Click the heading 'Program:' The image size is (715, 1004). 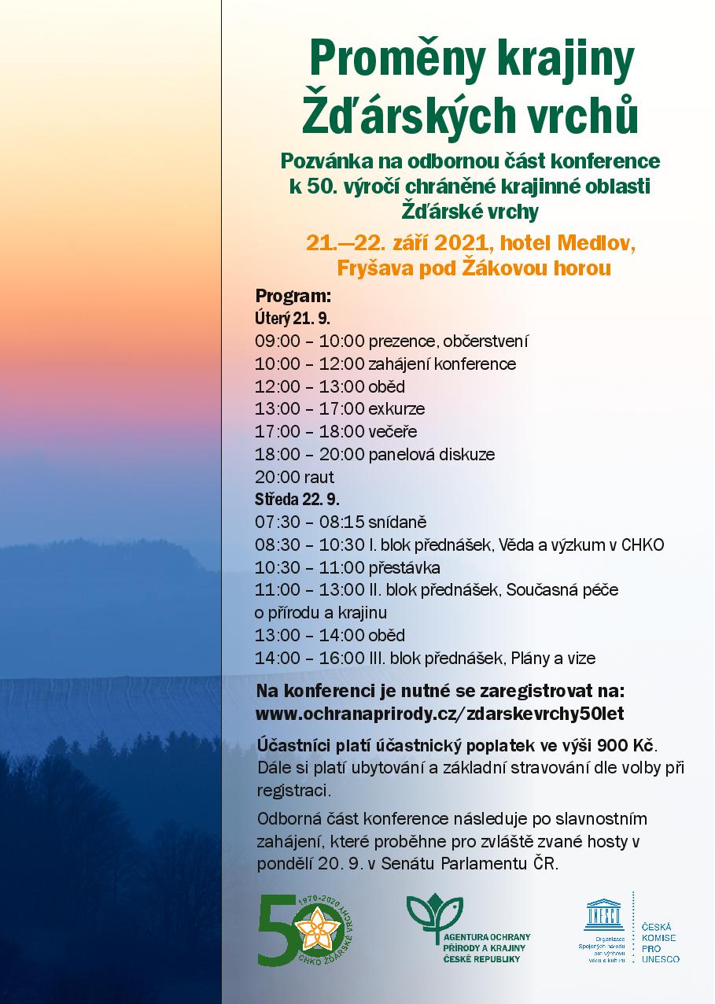point(293,297)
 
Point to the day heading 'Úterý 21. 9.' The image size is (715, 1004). point(292,319)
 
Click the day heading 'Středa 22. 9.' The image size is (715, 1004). point(297,500)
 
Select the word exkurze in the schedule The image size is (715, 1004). point(396,409)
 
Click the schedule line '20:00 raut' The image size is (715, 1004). point(294,477)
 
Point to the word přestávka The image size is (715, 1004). point(404,567)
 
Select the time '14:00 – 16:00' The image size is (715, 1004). point(309,658)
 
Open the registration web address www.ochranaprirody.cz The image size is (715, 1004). point(440,714)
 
